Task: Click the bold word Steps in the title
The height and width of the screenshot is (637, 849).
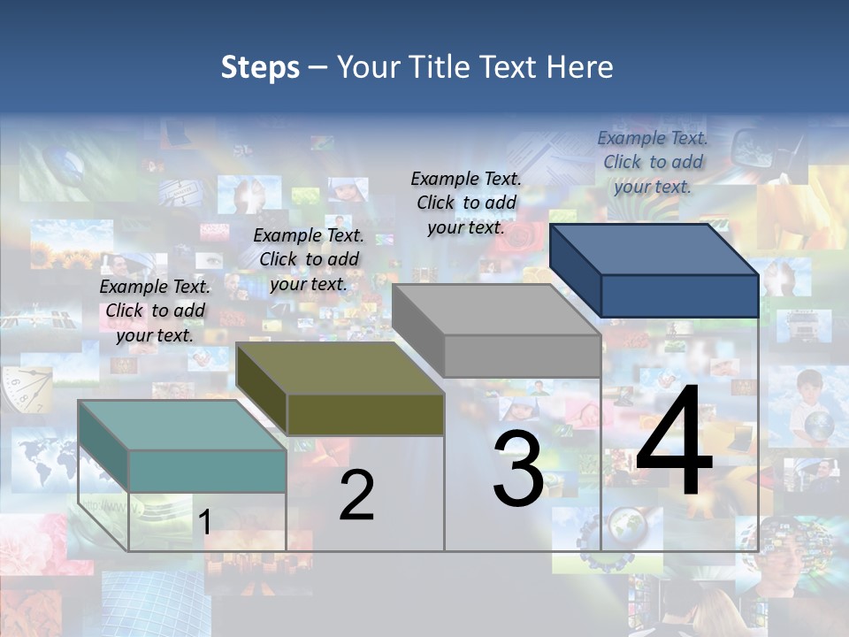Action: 260,67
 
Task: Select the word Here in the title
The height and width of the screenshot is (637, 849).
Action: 580,67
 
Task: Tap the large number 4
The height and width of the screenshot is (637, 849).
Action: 674,442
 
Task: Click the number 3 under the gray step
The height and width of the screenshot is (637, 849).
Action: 518,469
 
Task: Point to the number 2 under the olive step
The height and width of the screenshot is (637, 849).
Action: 356,495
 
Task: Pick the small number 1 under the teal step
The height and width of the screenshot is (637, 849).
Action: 204,522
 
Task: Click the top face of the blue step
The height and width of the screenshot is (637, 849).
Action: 653,249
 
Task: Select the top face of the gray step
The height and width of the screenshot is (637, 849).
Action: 495,310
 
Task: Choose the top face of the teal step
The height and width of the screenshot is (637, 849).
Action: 182,426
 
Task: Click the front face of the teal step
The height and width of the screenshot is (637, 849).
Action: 207,471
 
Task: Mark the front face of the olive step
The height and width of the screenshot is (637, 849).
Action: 365,414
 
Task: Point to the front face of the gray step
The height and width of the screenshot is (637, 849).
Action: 522,356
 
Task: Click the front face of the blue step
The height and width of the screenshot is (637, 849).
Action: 679,295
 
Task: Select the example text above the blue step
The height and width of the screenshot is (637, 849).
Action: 653,162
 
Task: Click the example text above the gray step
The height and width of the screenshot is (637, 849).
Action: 466,203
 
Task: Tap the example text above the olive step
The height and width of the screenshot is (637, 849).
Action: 309,259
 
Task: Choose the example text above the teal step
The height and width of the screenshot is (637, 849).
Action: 155,311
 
